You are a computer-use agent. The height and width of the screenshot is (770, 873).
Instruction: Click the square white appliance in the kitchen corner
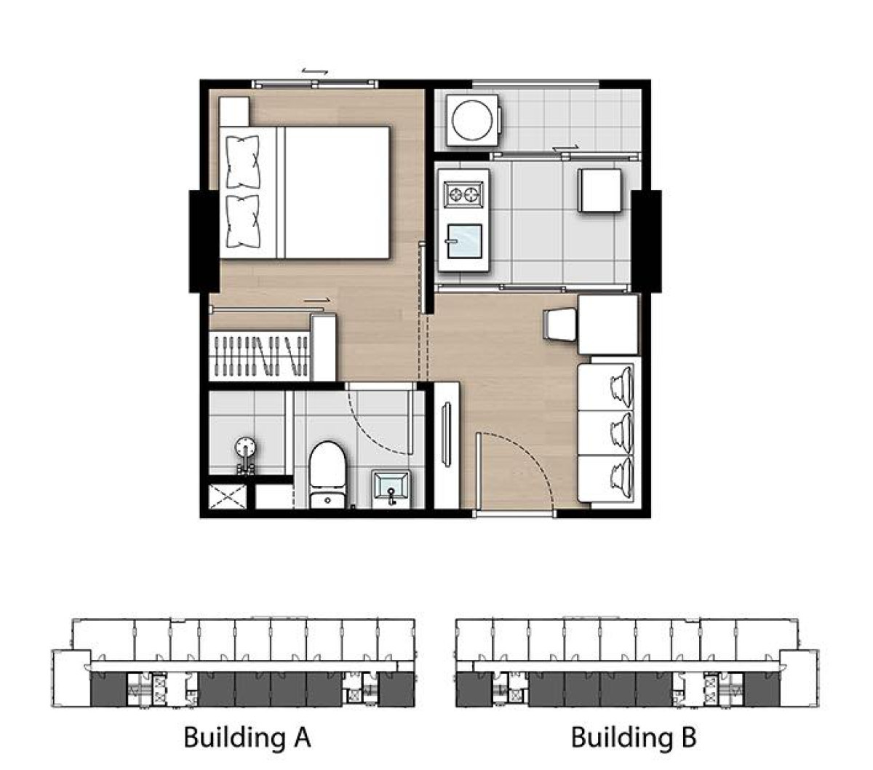pos(600,191)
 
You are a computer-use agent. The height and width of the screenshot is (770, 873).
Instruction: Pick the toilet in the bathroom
pos(327,473)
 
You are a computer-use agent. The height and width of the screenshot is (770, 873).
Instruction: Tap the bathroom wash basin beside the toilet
pos(392,487)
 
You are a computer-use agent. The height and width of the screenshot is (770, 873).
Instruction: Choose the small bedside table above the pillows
pos(234,111)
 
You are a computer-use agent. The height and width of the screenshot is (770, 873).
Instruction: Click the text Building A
pos(247,737)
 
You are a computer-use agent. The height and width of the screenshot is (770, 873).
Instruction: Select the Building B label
pos(633,737)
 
